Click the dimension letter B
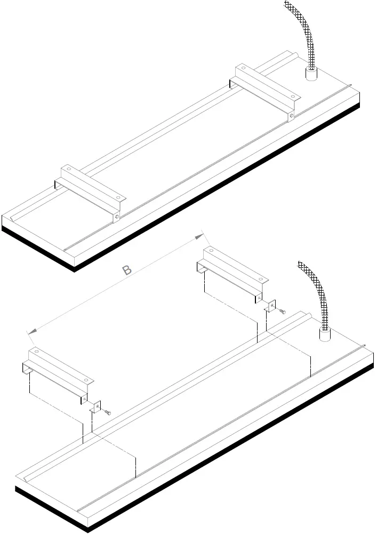click(127, 270)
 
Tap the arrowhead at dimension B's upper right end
click(199, 236)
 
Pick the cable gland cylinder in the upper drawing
click(310, 74)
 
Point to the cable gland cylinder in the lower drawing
click(323, 334)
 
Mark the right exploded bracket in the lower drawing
click(232, 269)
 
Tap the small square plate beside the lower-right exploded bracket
click(271, 306)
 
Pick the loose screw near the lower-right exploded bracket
click(282, 311)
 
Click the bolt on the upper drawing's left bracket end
click(117, 217)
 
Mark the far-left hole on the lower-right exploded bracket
click(211, 251)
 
